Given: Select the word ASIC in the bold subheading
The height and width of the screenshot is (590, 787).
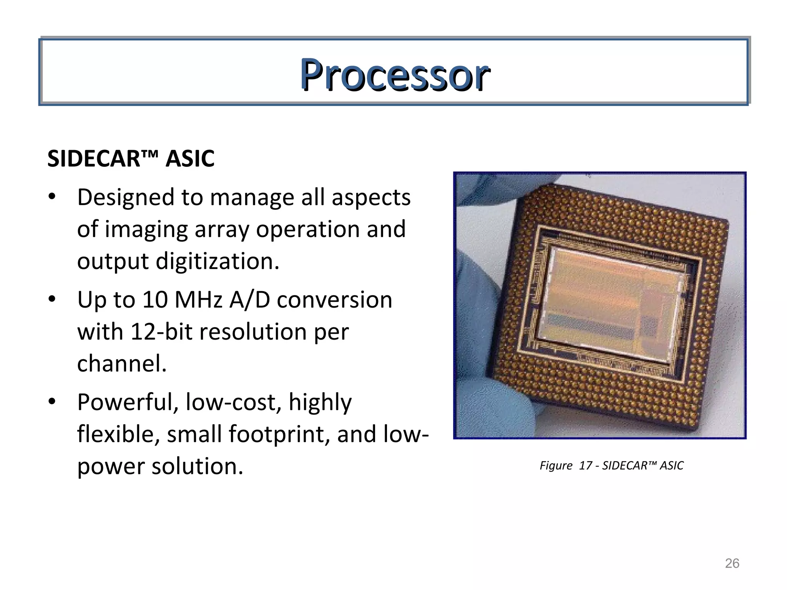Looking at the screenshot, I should tap(190, 159).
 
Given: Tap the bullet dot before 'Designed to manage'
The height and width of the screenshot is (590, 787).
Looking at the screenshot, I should tap(52, 197).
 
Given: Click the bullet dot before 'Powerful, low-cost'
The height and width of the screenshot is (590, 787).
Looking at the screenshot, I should tap(52, 402).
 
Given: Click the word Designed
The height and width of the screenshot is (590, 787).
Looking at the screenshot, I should tap(126, 198).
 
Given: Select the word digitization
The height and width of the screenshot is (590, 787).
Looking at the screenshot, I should tap(217, 262).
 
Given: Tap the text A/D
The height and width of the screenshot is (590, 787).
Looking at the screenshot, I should tap(250, 300).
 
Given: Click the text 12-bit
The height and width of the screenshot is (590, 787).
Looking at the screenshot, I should tap(161, 332).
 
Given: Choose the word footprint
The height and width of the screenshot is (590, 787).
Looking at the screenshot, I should tap(279, 434).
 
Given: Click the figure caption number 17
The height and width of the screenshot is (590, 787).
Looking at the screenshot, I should tap(585, 466).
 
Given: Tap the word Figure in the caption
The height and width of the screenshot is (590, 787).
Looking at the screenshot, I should tap(556, 466).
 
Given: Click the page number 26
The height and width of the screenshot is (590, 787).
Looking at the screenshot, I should tap(732, 563).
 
